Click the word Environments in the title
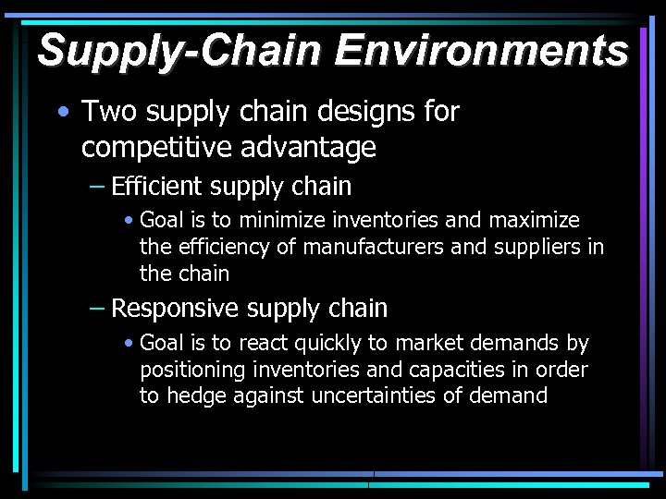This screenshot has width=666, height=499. point(481,50)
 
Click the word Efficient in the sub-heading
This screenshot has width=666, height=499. point(156,187)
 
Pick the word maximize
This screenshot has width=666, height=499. point(535,220)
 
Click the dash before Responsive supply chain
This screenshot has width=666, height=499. point(96,309)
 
